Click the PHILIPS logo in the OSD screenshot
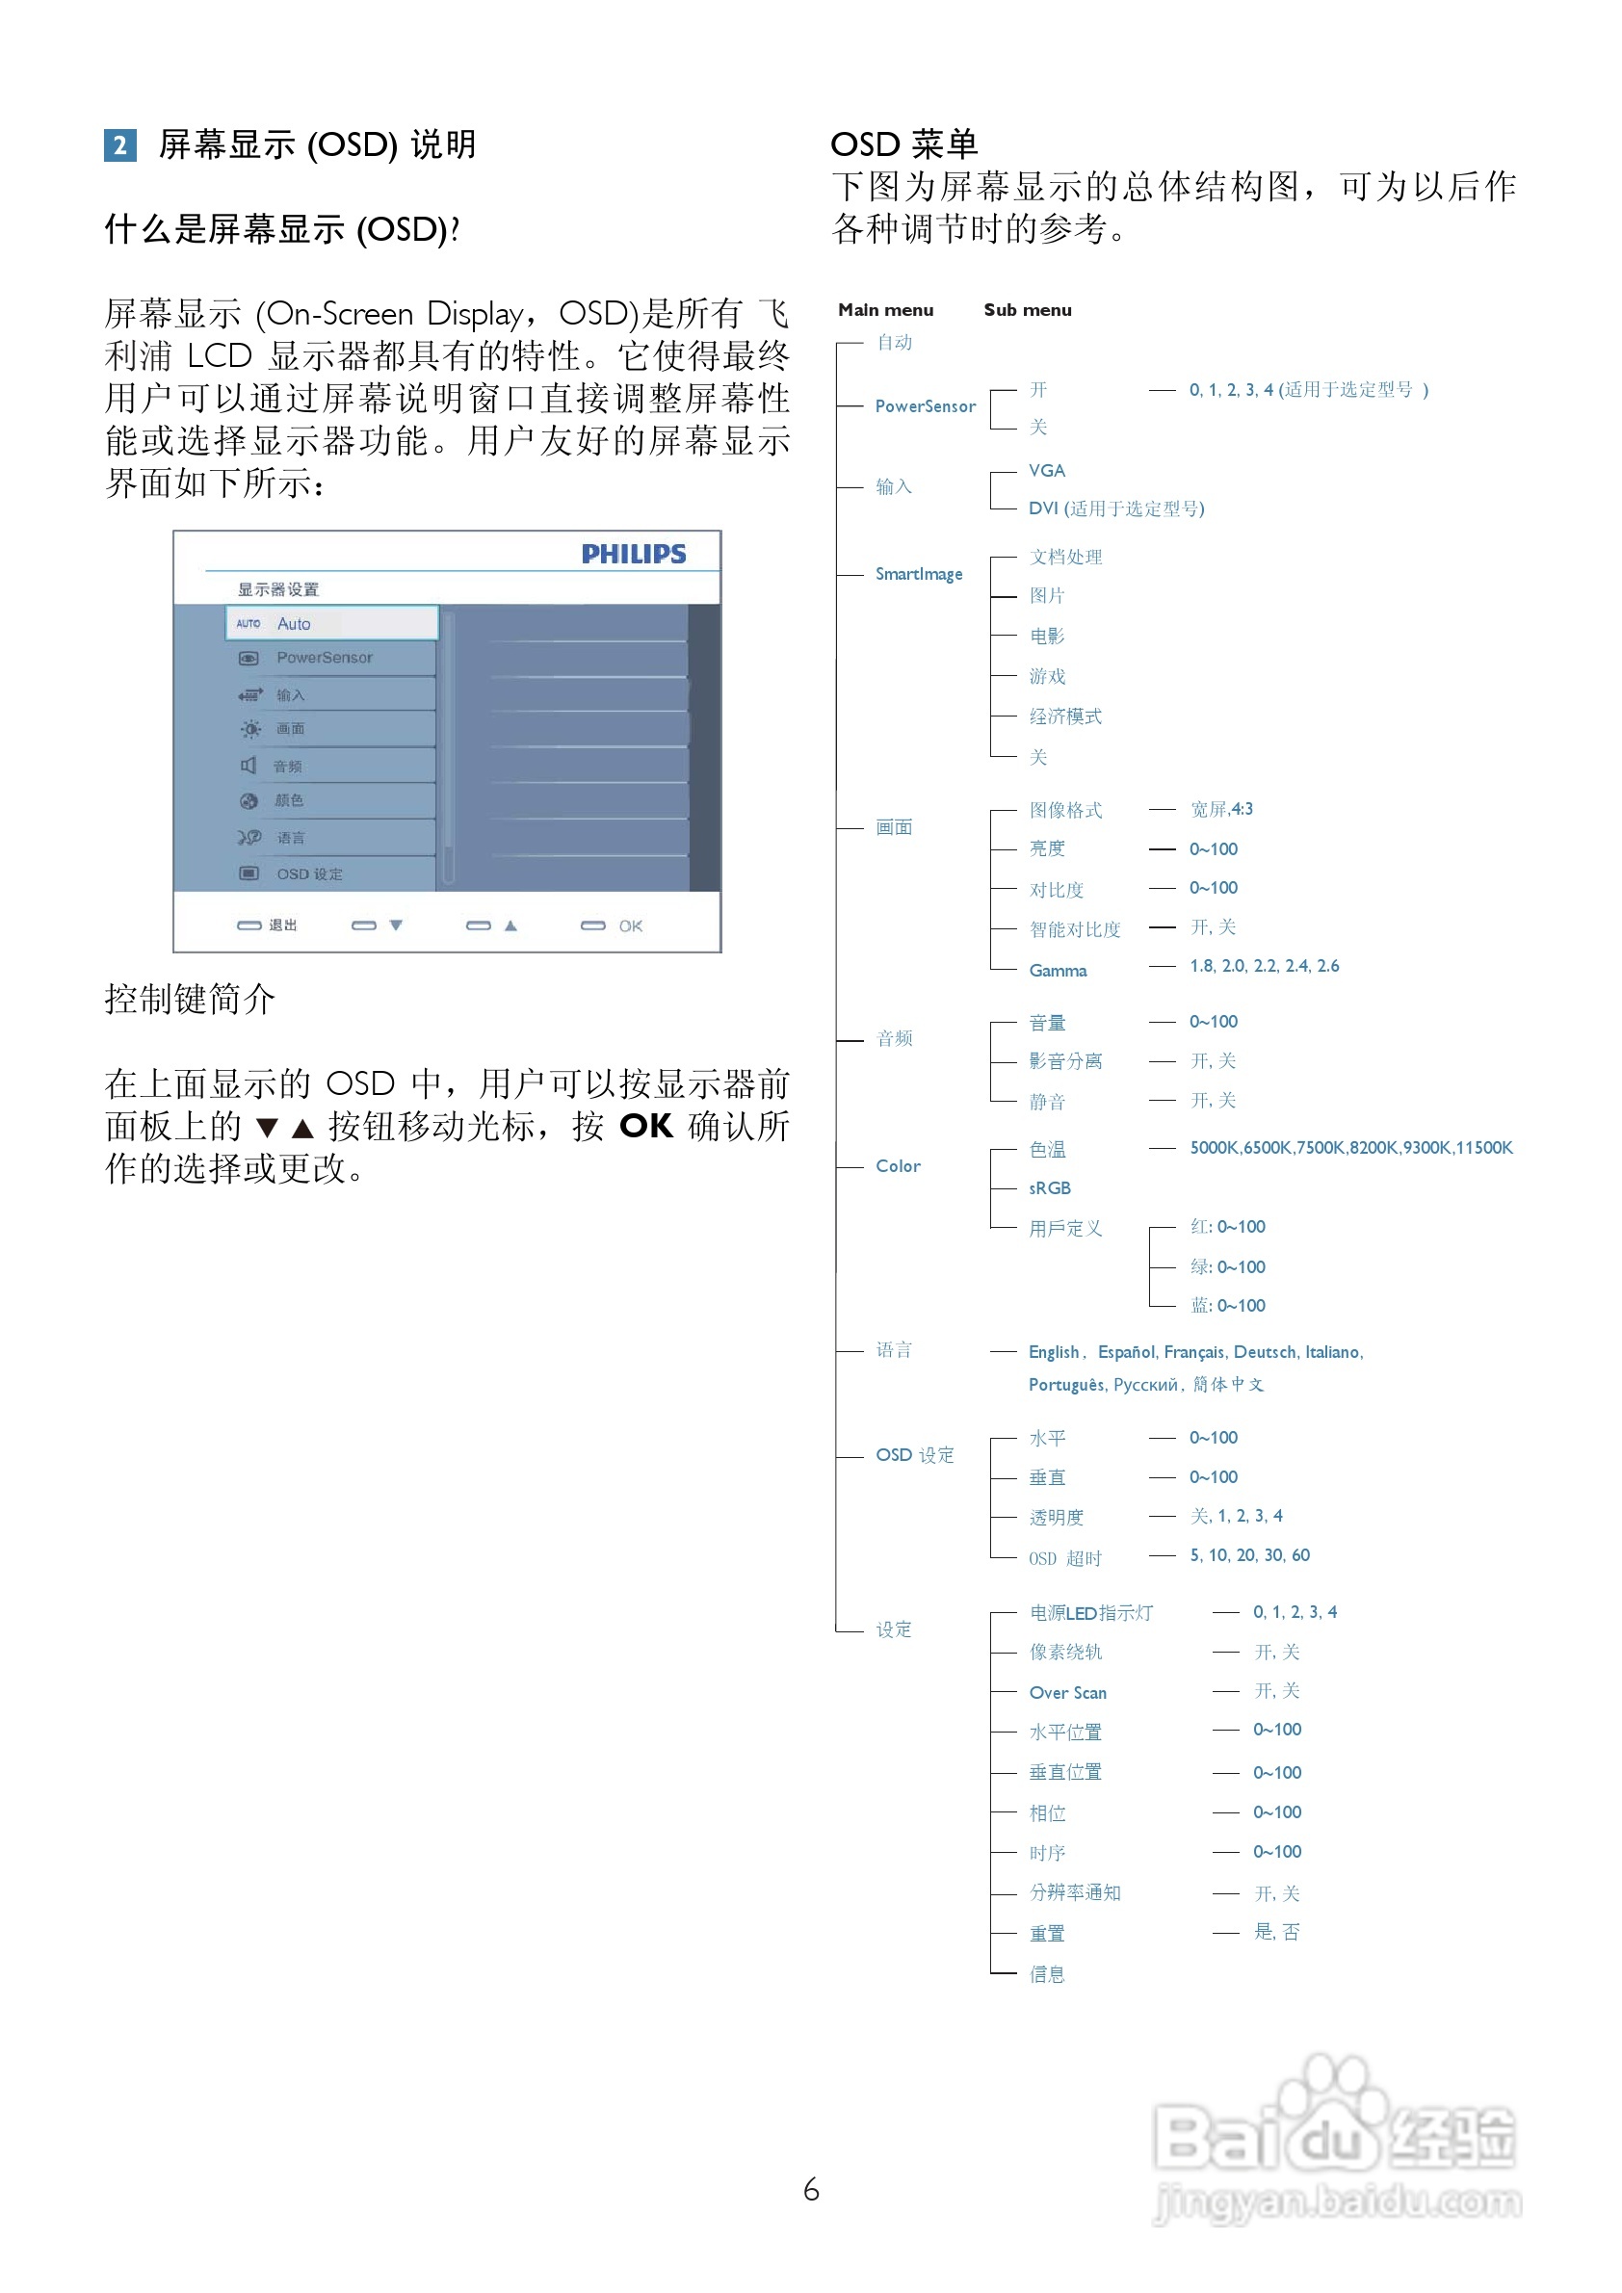pyautogui.click(x=633, y=555)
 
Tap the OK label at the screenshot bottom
pyautogui.click(x=630, y=925)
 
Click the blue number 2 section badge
pyautogui.click(x=119, y=145)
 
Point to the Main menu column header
pyautogui.click(x=885, y=309)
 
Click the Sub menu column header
pyautogui.click(x=1027, y=309)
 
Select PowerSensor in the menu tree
pyautogui.click(x=925, y=406)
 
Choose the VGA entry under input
pyautogui.click(x=1047, y=470)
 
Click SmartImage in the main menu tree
pyautogui.click(x=919, y=574)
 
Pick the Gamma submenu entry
pyautogui.click(x=1058, y=970)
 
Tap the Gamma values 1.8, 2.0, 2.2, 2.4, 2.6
pyautogui.click(x=1264, y=966)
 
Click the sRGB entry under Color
pyautogui.click(x=1050, y=1187)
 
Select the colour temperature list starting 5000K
pyautogui.click(x=1350, y=1148)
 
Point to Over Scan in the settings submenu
pyautogui.click(x=1067, y=1693)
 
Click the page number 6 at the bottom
pyautogui.click(x=811, y=2190)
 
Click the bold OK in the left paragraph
pyautogui.click(x=645, y=1127)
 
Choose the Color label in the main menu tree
pyautogui.click(x=898, y=1165)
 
